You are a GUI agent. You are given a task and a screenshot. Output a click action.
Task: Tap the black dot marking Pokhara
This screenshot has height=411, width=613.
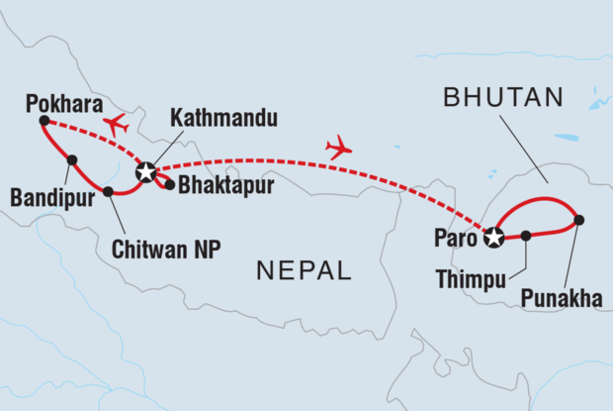44,121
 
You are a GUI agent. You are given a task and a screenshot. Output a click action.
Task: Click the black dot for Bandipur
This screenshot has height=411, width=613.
72,159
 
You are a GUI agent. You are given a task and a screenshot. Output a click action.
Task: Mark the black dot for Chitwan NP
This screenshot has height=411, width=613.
108,191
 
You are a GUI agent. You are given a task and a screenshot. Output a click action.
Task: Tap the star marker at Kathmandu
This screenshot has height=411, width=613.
146,172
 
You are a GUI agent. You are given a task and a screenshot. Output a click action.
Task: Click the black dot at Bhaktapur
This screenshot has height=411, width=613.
170,184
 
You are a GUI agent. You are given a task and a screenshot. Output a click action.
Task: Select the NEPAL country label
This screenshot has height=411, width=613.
303,268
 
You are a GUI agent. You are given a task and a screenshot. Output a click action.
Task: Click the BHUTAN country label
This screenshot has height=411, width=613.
503,97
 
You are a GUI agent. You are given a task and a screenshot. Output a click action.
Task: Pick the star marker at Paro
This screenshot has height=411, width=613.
492,236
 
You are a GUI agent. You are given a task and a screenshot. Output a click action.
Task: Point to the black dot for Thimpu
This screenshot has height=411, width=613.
526,236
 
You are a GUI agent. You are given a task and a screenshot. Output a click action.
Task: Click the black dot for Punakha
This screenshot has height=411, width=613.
578,220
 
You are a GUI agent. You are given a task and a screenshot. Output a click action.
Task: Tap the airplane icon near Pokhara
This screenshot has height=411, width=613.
116,126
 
